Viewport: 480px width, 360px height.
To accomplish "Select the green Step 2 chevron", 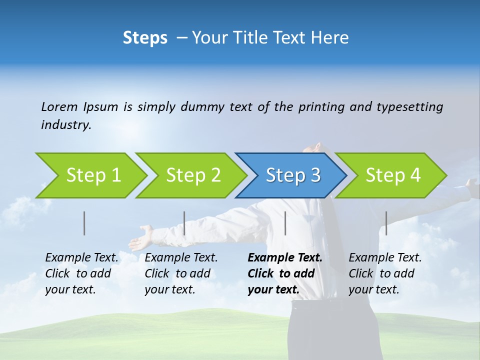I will (x=193, y=175).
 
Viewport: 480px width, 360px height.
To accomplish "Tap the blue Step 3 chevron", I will (x=293, y=175).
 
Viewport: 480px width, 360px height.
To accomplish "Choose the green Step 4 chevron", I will (x=393, y=175).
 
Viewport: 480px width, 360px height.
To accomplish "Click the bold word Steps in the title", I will (x=145, y=38).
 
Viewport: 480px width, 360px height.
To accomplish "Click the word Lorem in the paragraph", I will (x=59, y=106).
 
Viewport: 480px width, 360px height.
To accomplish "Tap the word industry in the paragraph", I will (x=65, y=124).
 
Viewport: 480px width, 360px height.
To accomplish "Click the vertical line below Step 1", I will (x=84, y=223).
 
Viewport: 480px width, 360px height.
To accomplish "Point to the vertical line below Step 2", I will (x=184, y=223).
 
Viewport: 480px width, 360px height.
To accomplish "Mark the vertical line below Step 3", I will (x=285, y=223).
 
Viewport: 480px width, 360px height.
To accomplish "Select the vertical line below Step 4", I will (x=386, y=223).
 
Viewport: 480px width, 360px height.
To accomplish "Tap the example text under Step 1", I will (x=81, y=273).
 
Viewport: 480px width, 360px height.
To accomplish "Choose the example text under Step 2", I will (x=180, y=273).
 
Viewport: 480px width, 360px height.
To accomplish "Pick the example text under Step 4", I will (x=384, y=273).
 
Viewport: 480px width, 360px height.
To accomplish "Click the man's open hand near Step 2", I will (x=142, y=237).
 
